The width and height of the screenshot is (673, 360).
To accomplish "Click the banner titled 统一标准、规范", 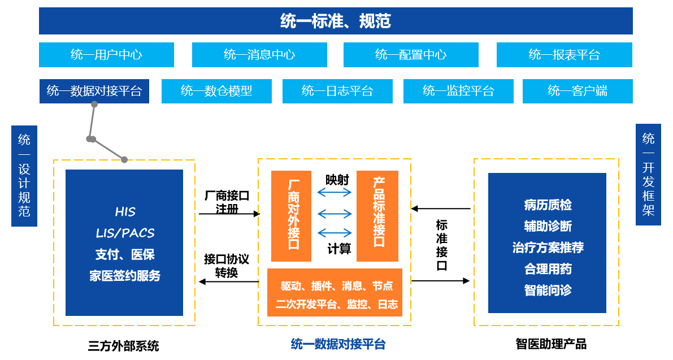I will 336,21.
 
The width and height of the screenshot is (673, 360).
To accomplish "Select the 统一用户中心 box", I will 106,55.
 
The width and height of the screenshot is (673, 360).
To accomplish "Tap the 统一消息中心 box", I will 259,55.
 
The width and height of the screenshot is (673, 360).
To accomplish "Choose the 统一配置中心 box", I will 411,55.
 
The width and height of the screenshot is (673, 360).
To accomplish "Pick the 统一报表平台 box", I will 564,55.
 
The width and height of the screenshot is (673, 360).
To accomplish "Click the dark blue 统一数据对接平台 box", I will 94,91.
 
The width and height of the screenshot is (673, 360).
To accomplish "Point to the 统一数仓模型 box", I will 216,91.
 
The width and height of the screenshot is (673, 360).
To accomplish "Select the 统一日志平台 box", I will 337,91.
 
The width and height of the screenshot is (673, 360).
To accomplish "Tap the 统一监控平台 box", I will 458,91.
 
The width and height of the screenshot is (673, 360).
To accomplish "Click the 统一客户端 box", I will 578,91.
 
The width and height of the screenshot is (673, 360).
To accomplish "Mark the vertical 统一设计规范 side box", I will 24,176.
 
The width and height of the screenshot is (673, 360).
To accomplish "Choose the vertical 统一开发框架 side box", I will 648,175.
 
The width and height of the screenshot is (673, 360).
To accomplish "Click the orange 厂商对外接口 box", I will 292,216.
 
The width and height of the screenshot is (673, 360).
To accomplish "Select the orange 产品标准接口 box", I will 377,216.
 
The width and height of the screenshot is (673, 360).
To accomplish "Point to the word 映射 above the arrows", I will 337,180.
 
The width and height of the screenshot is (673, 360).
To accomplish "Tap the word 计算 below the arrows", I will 339,249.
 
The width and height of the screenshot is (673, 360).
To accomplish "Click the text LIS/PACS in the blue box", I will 125,233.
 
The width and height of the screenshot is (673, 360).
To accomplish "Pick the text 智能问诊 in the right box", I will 548,290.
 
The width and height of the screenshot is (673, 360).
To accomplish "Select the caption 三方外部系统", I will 123,346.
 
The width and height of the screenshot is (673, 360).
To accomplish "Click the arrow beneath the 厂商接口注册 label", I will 229,214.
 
